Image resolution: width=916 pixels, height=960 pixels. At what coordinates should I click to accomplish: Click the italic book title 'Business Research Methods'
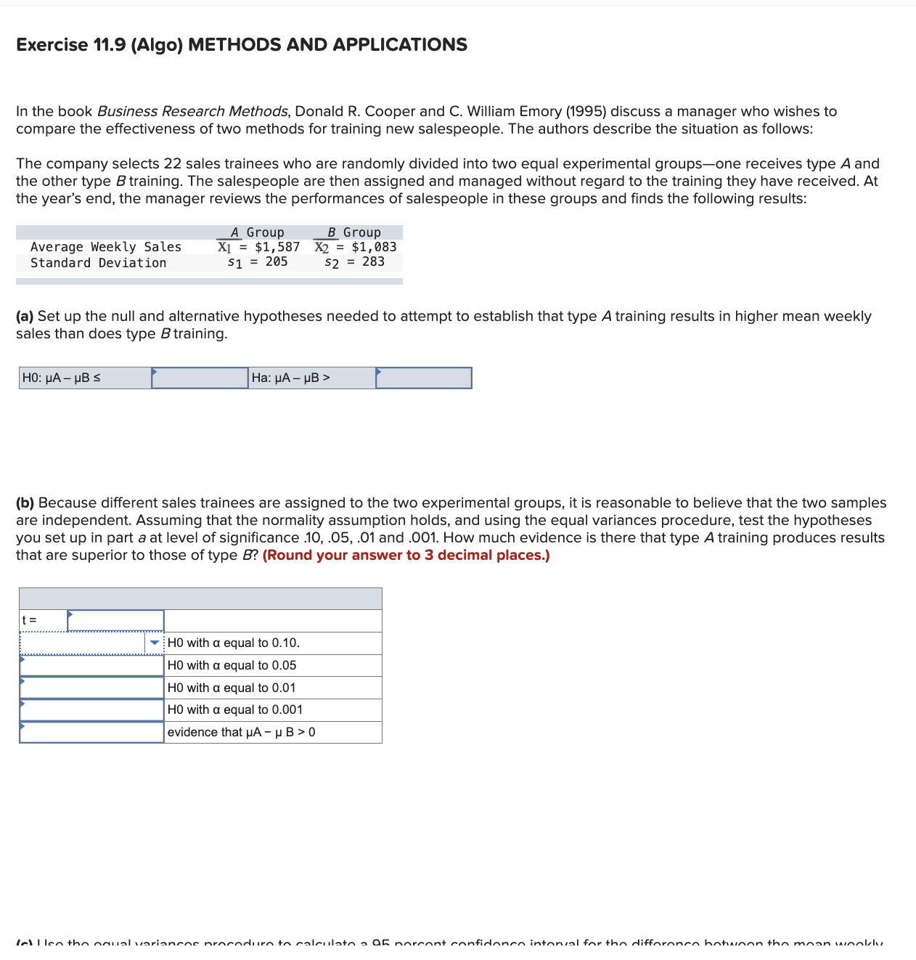coord(192,111)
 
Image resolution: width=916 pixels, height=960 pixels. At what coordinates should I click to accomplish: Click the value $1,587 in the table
coord(277,247)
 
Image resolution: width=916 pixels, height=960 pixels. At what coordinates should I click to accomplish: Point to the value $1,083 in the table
coord(374,247)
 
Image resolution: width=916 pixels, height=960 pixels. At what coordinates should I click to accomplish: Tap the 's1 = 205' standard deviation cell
coord(258,262)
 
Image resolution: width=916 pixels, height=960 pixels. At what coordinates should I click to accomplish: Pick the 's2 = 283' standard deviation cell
coord(354,262)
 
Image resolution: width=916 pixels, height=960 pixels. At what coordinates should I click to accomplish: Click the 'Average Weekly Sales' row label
coord(106,247)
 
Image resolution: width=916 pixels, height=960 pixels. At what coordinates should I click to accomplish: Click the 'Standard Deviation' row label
coord(98,263)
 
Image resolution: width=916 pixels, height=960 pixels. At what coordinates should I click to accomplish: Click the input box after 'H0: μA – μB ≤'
coord(200,378)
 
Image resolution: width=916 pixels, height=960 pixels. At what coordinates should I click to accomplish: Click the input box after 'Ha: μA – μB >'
coord(423,378)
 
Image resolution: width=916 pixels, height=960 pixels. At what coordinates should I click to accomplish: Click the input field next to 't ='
coord(115,620)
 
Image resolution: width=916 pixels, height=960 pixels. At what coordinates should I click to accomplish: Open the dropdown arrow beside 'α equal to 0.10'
coord(155,643)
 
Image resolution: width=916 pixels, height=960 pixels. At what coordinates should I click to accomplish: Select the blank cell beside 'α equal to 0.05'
coord(91,665)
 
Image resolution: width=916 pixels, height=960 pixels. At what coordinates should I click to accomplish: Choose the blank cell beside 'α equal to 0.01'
coord(91,688)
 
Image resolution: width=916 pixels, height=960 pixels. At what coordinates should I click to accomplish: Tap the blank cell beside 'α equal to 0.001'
coord(91,709)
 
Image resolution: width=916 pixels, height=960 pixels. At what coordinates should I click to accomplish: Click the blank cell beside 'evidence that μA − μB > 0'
coord(91,732)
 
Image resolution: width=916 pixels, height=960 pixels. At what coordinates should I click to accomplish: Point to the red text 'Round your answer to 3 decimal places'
coord(406,556)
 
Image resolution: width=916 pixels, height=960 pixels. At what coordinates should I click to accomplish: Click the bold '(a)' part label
coord(25,317)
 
